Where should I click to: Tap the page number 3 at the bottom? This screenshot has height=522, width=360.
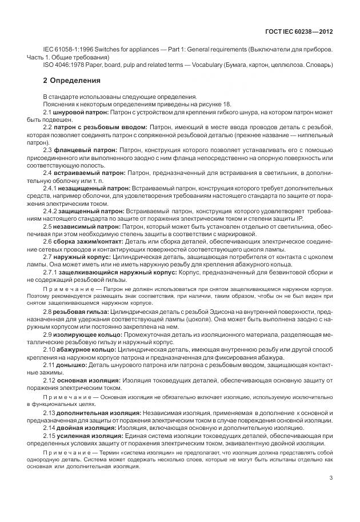331,479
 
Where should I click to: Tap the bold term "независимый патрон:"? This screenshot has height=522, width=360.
86,226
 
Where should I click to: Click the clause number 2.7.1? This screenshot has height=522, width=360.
50,273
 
